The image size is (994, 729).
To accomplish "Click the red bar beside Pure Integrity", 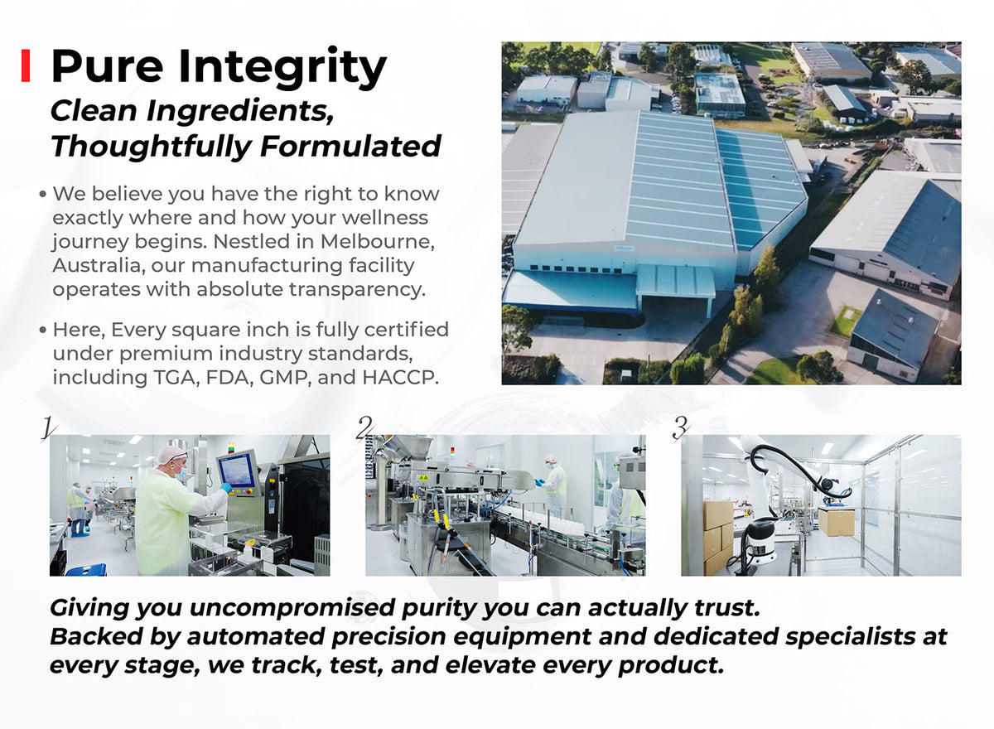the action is (26, 65).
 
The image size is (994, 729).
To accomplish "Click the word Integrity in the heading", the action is (282, 68).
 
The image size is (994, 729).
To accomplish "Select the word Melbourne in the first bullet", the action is (377, 242).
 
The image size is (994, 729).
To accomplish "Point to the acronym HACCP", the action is (400, 378).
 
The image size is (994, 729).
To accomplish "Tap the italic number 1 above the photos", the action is (48, 428).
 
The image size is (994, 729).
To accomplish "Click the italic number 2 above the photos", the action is (364, 428).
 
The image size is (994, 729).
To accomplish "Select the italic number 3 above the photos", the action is (680, 428).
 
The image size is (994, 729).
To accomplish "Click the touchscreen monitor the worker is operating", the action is (238, 471).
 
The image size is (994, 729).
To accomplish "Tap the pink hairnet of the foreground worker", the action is (171, 454).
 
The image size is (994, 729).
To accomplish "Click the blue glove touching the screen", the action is (226, 488).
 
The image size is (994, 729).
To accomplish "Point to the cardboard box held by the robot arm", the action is (837, 521).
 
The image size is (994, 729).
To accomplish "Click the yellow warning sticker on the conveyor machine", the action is (423, 478).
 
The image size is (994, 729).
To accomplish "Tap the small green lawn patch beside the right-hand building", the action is (845, 321).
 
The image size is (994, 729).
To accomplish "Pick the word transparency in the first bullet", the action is (357, 290).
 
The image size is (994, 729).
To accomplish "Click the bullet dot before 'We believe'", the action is (42, 194).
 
